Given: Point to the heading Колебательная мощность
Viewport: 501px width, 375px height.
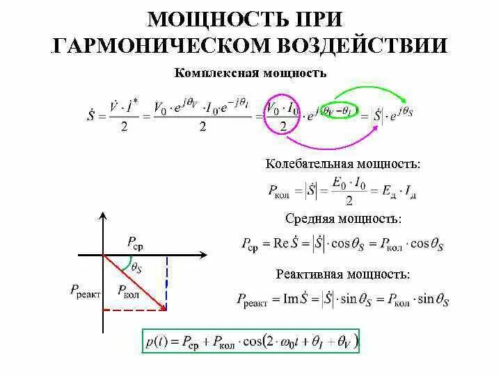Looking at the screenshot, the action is tap(343, 165).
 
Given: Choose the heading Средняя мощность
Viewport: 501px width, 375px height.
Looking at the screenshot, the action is tap(343, 219).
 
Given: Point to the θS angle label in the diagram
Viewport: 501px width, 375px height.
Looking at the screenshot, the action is tap(136, 267).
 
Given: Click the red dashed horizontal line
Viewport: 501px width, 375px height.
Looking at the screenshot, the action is tap(136, 310).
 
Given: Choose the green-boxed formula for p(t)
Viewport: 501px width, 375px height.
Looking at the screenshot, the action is tap(251, 342).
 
